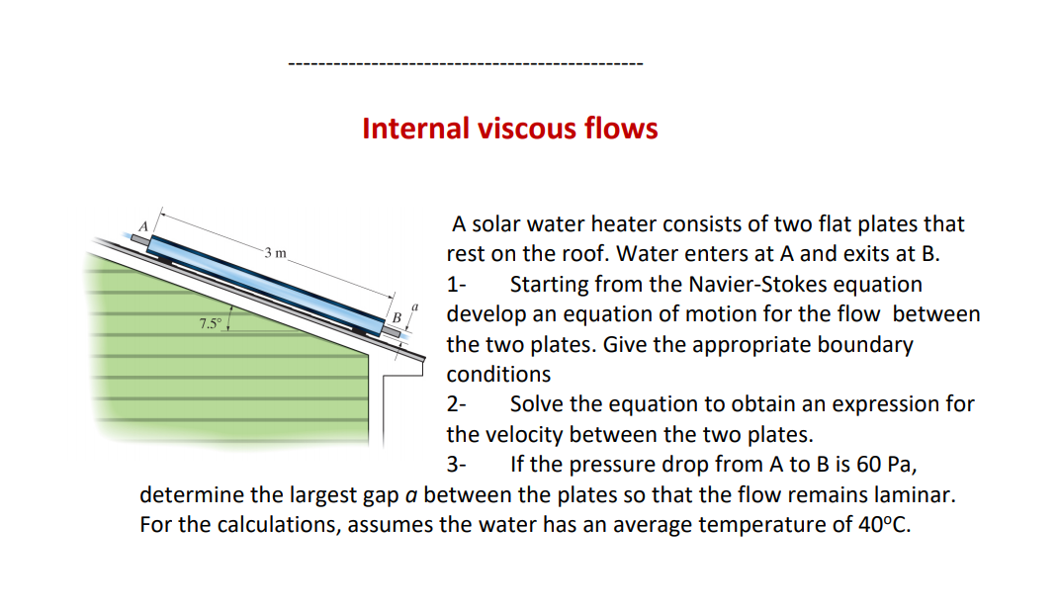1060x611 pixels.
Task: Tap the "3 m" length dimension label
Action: (276, 253)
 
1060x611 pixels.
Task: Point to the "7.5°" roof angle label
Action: (209, 323)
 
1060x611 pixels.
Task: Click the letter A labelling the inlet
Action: (141, 226)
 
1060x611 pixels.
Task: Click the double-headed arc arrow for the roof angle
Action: (231, 320)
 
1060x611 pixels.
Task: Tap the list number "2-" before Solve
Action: (458, 404)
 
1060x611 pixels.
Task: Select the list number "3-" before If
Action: (458, 464)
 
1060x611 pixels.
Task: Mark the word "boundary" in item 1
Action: (866, 345)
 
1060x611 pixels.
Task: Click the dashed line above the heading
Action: (465, 65)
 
